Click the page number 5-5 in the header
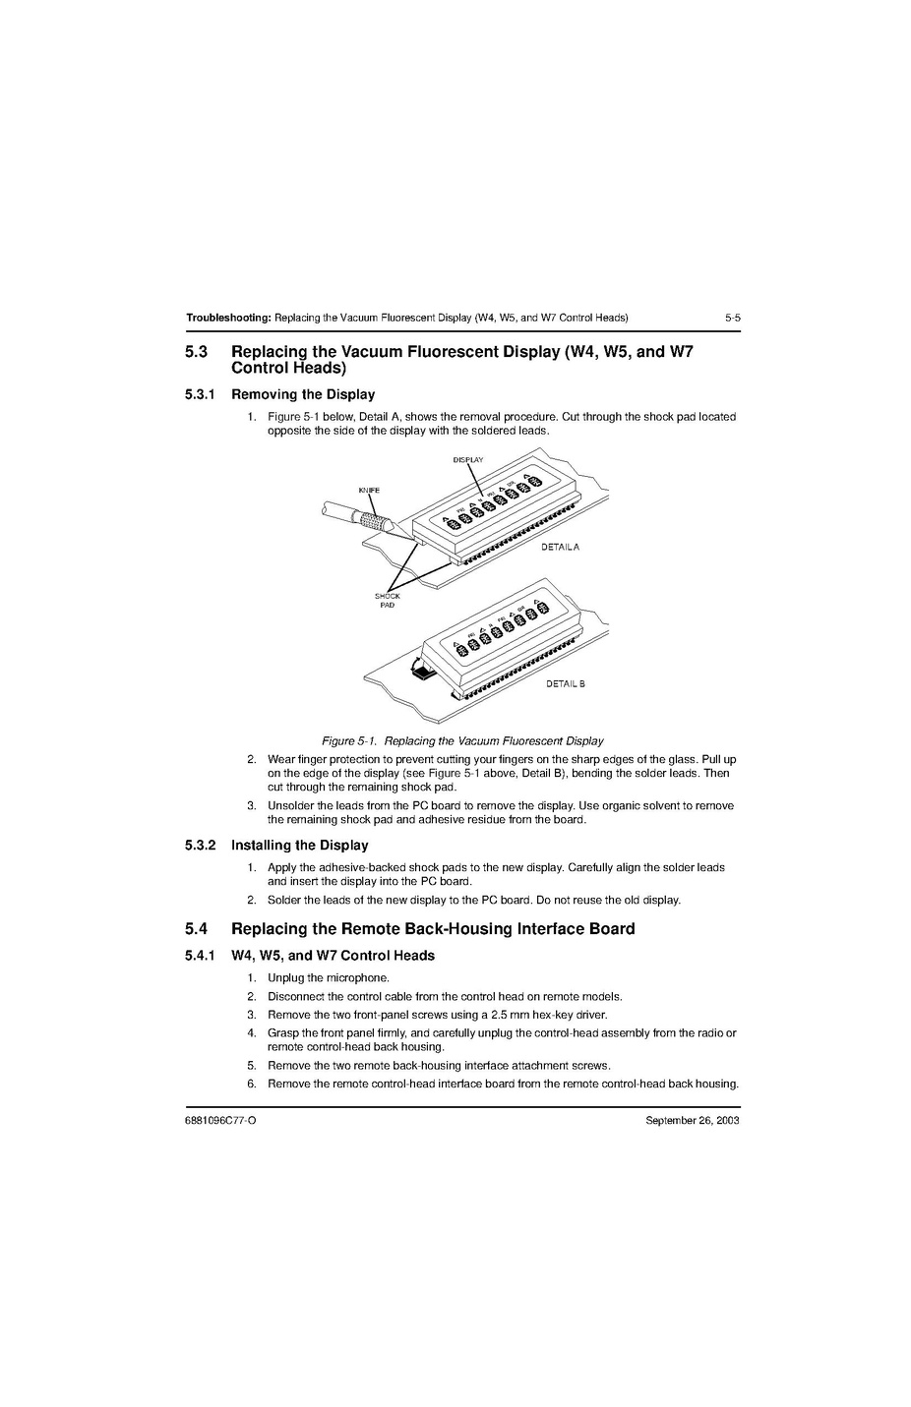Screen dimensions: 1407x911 click(731, 318)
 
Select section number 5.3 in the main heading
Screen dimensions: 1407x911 click(196, 352)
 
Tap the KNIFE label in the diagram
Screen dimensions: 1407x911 click(369, 490)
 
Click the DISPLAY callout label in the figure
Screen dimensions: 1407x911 click(467, 459)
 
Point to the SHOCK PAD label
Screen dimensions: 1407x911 click(387, 601)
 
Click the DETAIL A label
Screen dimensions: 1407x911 click(560, 547)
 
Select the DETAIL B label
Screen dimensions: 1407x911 click(565, 684)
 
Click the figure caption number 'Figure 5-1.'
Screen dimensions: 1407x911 click(349, 741)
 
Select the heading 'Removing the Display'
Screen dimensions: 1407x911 click(302, 394)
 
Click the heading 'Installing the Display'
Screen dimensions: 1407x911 click(299, 845)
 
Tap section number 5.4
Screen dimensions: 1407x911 click(196, 929)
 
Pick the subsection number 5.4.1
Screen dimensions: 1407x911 click(200, 956)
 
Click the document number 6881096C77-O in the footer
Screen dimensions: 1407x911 click(220, 1121)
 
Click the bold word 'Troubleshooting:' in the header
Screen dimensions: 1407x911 click(228, 318)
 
